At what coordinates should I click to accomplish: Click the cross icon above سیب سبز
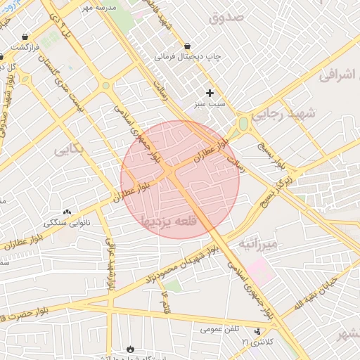pyautogui.click(x=210, y=93)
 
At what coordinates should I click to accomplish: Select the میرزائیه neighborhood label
pyautogui.click(x=259, y=244)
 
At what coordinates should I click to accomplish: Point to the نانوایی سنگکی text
pyautogui.click(x=67, y=222)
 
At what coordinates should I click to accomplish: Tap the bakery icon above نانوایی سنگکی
pyautogui.click(x=67, y=212)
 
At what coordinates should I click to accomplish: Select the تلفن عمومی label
pyautogui.click(x=220, y=328)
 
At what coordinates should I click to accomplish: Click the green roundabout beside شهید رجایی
pyautogui.click(x=244, y=125)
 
